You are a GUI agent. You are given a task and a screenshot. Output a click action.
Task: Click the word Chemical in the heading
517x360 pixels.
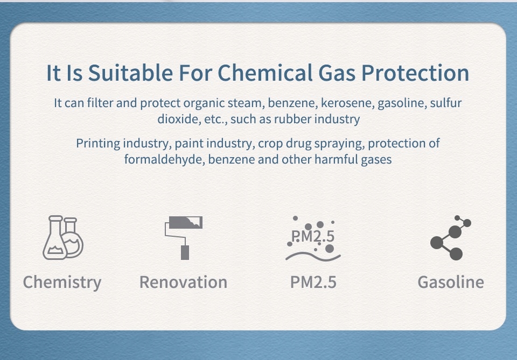pyautogui.click(x=265, y=73)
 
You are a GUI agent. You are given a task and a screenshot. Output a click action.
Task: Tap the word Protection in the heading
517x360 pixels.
pyautogui.click(x=415, y=73)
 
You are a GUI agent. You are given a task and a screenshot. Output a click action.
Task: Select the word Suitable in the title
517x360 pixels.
pyautogui.click(x=130, y=73)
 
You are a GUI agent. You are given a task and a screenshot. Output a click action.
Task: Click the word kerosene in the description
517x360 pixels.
pyautogui.click(x=347, y=103)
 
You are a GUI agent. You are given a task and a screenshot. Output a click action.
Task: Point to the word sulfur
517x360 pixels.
pyautogui.click(x=446, y=103)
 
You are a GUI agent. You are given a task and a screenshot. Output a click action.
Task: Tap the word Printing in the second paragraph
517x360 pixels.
pyautogui.click(x=98, y=144)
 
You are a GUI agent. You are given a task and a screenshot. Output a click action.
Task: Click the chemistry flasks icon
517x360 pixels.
pyautogui.click(x=62, y=237)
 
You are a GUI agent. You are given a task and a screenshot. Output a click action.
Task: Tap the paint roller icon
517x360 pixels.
pyautogui.click(x=183, y=238)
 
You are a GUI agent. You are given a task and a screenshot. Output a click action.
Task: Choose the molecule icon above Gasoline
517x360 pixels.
pyautogui.click(x=451, y=237)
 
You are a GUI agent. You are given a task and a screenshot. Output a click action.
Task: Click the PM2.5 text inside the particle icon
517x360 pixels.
pyautogui.click(x=312, y=236)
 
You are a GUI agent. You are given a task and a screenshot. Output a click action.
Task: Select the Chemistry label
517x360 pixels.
pyautogui.click(x=62, y=283)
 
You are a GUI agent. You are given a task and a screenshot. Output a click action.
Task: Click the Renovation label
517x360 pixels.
pyautogui.click(x=183, y=283)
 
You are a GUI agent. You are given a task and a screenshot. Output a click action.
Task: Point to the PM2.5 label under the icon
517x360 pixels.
pyautogui.click(x=313, y=283)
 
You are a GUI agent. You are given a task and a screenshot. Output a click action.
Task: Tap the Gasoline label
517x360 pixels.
pyautogui.click(x=451, y=283)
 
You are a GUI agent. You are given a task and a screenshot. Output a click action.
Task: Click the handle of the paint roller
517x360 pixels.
pyautogui.click(x=185, y=252)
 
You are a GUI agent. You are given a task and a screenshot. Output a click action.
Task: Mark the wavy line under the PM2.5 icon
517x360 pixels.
pyautogui.click(x=313, y=256)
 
